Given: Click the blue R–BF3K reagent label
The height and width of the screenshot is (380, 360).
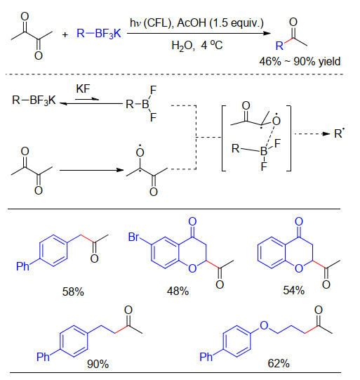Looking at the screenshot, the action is (99, 34).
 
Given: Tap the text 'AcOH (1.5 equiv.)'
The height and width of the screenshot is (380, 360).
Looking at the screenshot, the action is (220, 23).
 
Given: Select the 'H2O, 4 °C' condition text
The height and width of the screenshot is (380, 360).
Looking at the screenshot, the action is (197, 45).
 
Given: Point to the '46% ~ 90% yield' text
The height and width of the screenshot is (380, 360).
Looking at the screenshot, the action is (300, 62).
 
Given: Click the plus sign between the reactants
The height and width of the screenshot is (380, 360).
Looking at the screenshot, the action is (65, 34).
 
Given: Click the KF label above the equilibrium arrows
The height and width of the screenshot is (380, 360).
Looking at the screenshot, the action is (83, 89).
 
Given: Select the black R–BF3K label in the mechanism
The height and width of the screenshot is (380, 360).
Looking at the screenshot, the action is (34, 100).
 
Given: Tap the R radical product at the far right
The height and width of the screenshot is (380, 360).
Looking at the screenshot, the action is (340, 133).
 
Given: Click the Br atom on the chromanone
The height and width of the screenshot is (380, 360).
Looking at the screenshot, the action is (134, 237).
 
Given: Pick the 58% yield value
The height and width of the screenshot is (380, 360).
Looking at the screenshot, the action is (73, 291).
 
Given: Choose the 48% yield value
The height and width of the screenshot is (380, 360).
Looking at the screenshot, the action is (178, 291).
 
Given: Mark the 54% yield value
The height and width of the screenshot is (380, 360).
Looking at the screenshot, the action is (293, 290).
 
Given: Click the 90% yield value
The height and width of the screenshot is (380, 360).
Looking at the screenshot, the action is (98, 364).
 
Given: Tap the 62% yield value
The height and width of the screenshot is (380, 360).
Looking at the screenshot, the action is (279, 363).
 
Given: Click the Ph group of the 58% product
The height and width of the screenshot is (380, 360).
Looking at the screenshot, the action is (22, 266).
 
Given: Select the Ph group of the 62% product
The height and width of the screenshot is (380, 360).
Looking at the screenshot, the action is (206, 357).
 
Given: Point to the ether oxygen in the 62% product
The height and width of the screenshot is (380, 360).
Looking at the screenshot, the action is (264, 325).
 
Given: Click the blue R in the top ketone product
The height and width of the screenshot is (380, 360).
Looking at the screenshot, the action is (279, 46).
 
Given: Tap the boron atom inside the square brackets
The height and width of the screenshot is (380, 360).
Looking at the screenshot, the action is (263, 152).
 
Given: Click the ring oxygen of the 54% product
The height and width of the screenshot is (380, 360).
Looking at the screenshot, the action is (299, 268).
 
